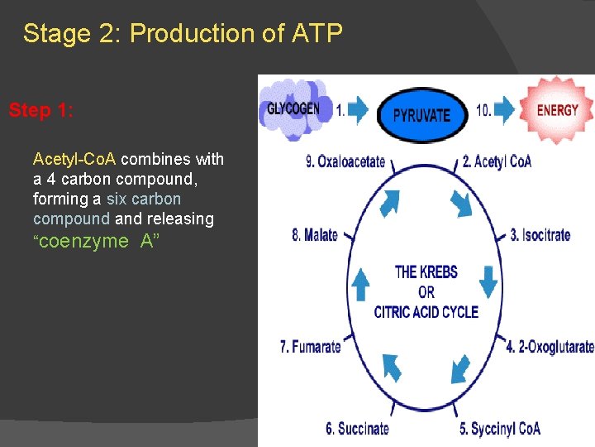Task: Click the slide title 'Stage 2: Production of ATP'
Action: pyautogui.click(x=182, y=34)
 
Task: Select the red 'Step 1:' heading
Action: pyautogui.click(x=40, y=110)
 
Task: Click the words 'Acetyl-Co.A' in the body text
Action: pyautogui.click(x=74, y=159)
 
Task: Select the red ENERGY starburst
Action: pyautogui.click(x=557, y=110)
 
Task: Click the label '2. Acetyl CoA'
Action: pyautogui.click(x=497, y=162)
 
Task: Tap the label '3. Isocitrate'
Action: pyautogui.click(x=540, y=235)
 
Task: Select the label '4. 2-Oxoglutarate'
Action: pyautogui.click(x=550, y=347)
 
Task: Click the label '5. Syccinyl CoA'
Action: pyautogui.click(x=500, y=428)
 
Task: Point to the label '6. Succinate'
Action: pyautogui.click(x=357, y=428)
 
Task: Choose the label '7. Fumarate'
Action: pyautogui.click(x=311, y=347)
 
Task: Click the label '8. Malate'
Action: pyautogui.click(x=315, y=235)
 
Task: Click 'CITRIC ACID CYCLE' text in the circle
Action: pyautogui.click(x=426, y=312)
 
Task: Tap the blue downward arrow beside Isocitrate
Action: pyautogui.click(x=488, y=281)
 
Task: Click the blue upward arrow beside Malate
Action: pyautogui.click(x=361, y=284)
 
